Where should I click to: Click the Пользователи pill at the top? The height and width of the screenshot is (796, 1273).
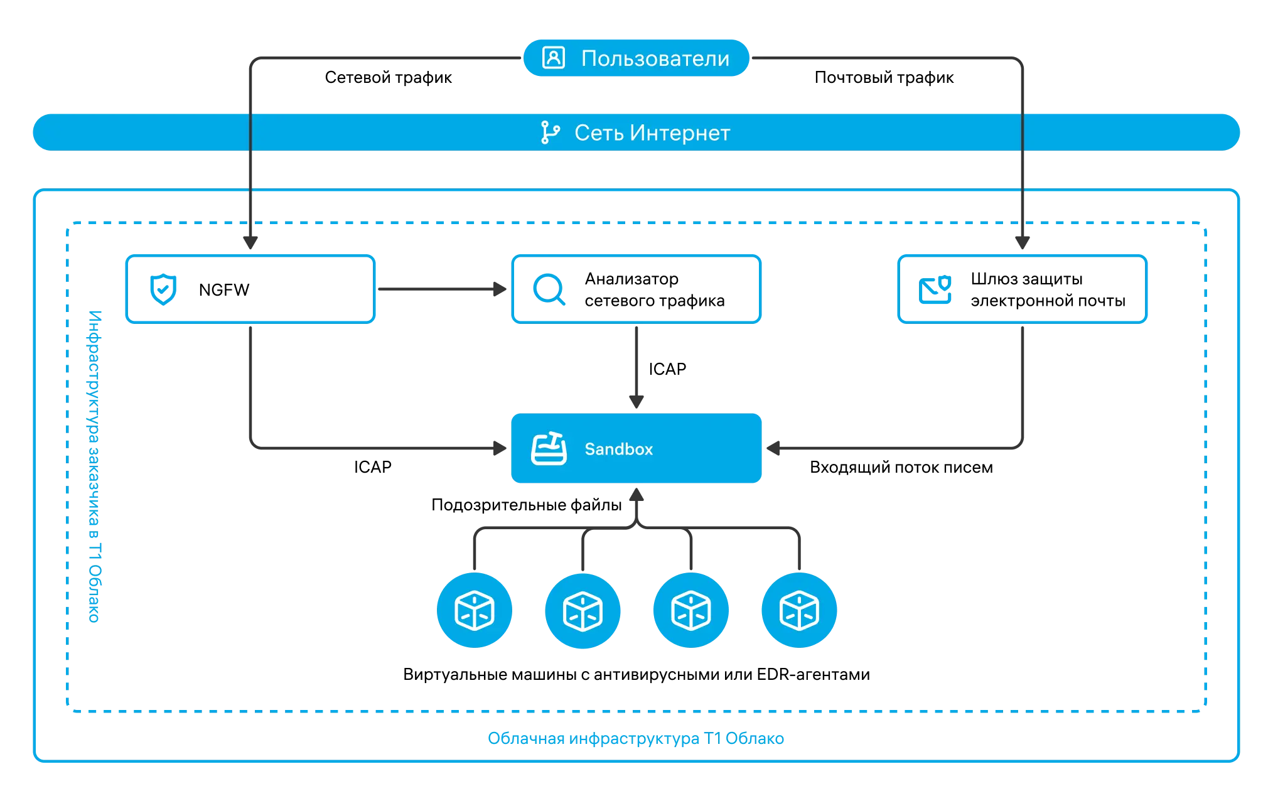coord(636,58)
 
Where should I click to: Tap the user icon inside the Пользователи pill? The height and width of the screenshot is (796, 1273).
coord(553,58)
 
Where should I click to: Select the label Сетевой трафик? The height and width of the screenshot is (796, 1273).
coord(388,77)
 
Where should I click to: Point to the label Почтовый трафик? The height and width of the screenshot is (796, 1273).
coord(884,77)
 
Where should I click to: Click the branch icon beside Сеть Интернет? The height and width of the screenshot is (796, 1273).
coord(550,132)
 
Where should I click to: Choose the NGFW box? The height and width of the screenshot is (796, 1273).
coord(250,289)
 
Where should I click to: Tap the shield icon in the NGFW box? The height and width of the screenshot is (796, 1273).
coord(163,289)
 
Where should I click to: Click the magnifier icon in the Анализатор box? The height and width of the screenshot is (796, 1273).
coord(549,289)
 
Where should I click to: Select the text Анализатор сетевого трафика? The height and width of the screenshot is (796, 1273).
coord(655,289)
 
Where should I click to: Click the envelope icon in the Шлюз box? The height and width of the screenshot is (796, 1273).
coord(935,289)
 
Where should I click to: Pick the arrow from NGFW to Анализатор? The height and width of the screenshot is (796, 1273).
coord(442,289)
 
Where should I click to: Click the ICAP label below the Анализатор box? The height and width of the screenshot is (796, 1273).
coord(667,369)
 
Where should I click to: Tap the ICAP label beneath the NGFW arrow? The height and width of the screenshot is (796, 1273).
coord(372,467)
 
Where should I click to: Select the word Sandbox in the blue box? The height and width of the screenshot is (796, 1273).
coord(619,449)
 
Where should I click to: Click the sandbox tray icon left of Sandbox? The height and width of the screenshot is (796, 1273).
coord(549,448)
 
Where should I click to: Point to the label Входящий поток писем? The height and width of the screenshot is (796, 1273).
coord(901,467)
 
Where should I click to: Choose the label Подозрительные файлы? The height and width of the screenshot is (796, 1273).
coord(526,505)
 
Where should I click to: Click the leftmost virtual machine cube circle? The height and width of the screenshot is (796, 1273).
coord(475,610)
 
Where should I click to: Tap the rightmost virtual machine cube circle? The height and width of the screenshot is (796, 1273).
coord(799,610)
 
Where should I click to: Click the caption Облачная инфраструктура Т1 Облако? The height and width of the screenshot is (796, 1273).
coord(636,738)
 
